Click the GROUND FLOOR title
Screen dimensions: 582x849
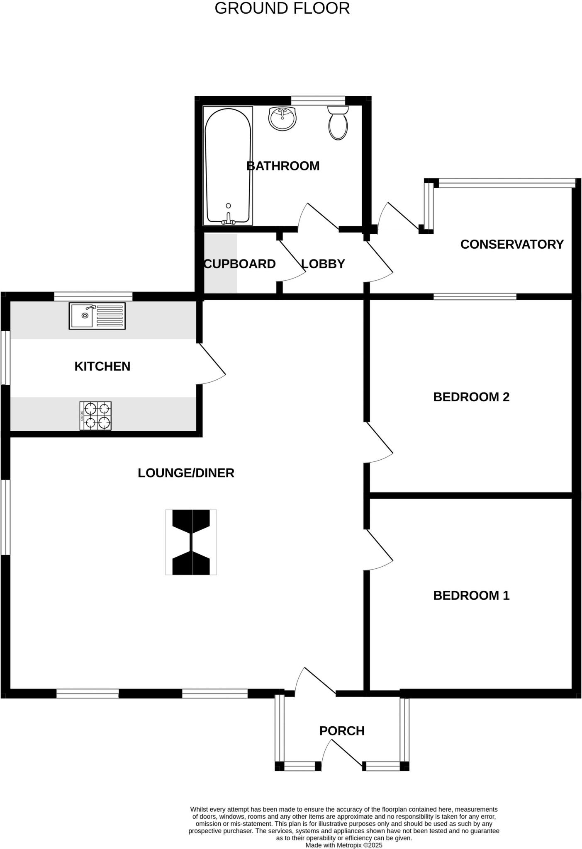[282, 8]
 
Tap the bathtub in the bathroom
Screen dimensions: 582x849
[228, 166]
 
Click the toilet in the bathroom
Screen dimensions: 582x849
[338, 124]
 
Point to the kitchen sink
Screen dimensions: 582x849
[97, 316]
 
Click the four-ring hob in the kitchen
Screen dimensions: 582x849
[95, 415]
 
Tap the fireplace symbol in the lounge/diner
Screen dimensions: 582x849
[191, 542]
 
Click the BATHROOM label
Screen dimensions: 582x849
[283, 166]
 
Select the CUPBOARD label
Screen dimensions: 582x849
[240, 264]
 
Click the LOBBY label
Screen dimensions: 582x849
[323, 264]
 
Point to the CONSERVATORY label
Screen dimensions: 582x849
[512, 244]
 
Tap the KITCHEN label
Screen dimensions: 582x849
[102, 366]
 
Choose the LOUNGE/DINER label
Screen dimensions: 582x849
[186, 473]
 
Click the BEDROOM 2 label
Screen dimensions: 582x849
[471, 397]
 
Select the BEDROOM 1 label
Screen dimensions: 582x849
[471, 595]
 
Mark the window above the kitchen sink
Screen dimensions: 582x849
[93, 296]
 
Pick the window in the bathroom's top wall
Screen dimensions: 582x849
[318, 100]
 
